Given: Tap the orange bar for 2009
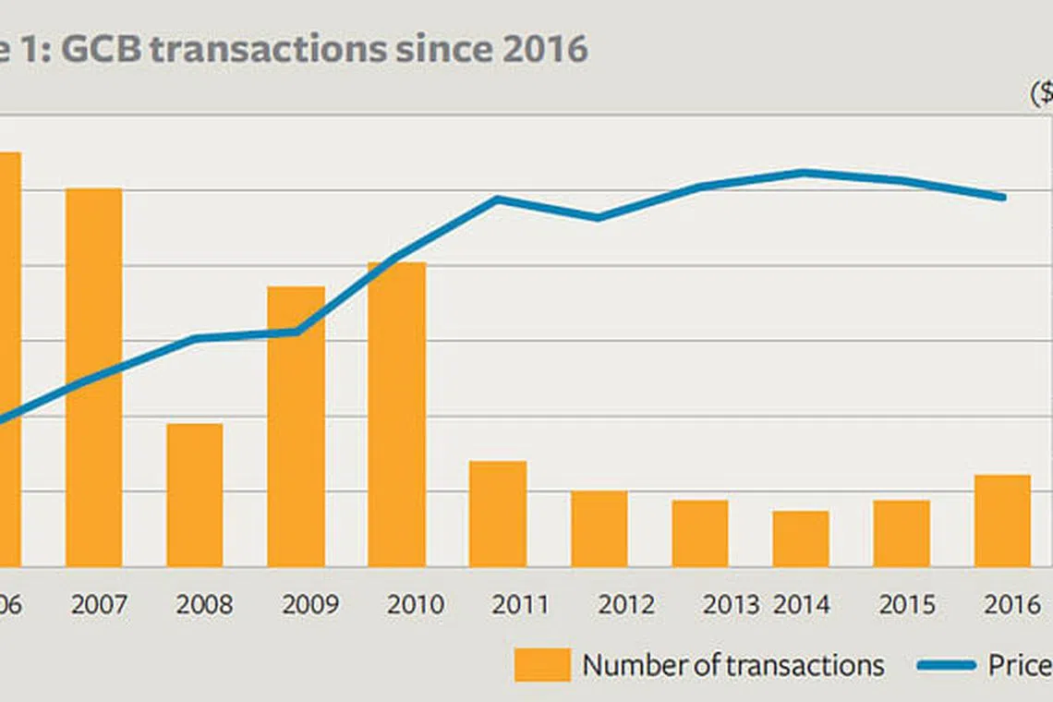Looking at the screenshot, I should (296, 426).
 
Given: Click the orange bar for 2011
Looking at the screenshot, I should (497, 514).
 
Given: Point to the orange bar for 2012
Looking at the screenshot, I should (599, 528).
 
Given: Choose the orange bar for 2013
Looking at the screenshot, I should (699, 533).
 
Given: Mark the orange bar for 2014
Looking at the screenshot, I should (800, 539).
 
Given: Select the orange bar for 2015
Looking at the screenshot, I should (902, 533).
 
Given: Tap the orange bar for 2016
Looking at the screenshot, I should (1002, 520).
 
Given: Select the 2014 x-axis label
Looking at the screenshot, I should (801, 605).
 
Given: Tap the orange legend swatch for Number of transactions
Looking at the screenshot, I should (541, 665).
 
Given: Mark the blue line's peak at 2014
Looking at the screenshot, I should (803, 172).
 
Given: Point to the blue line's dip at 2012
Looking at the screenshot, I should (598, 218).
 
